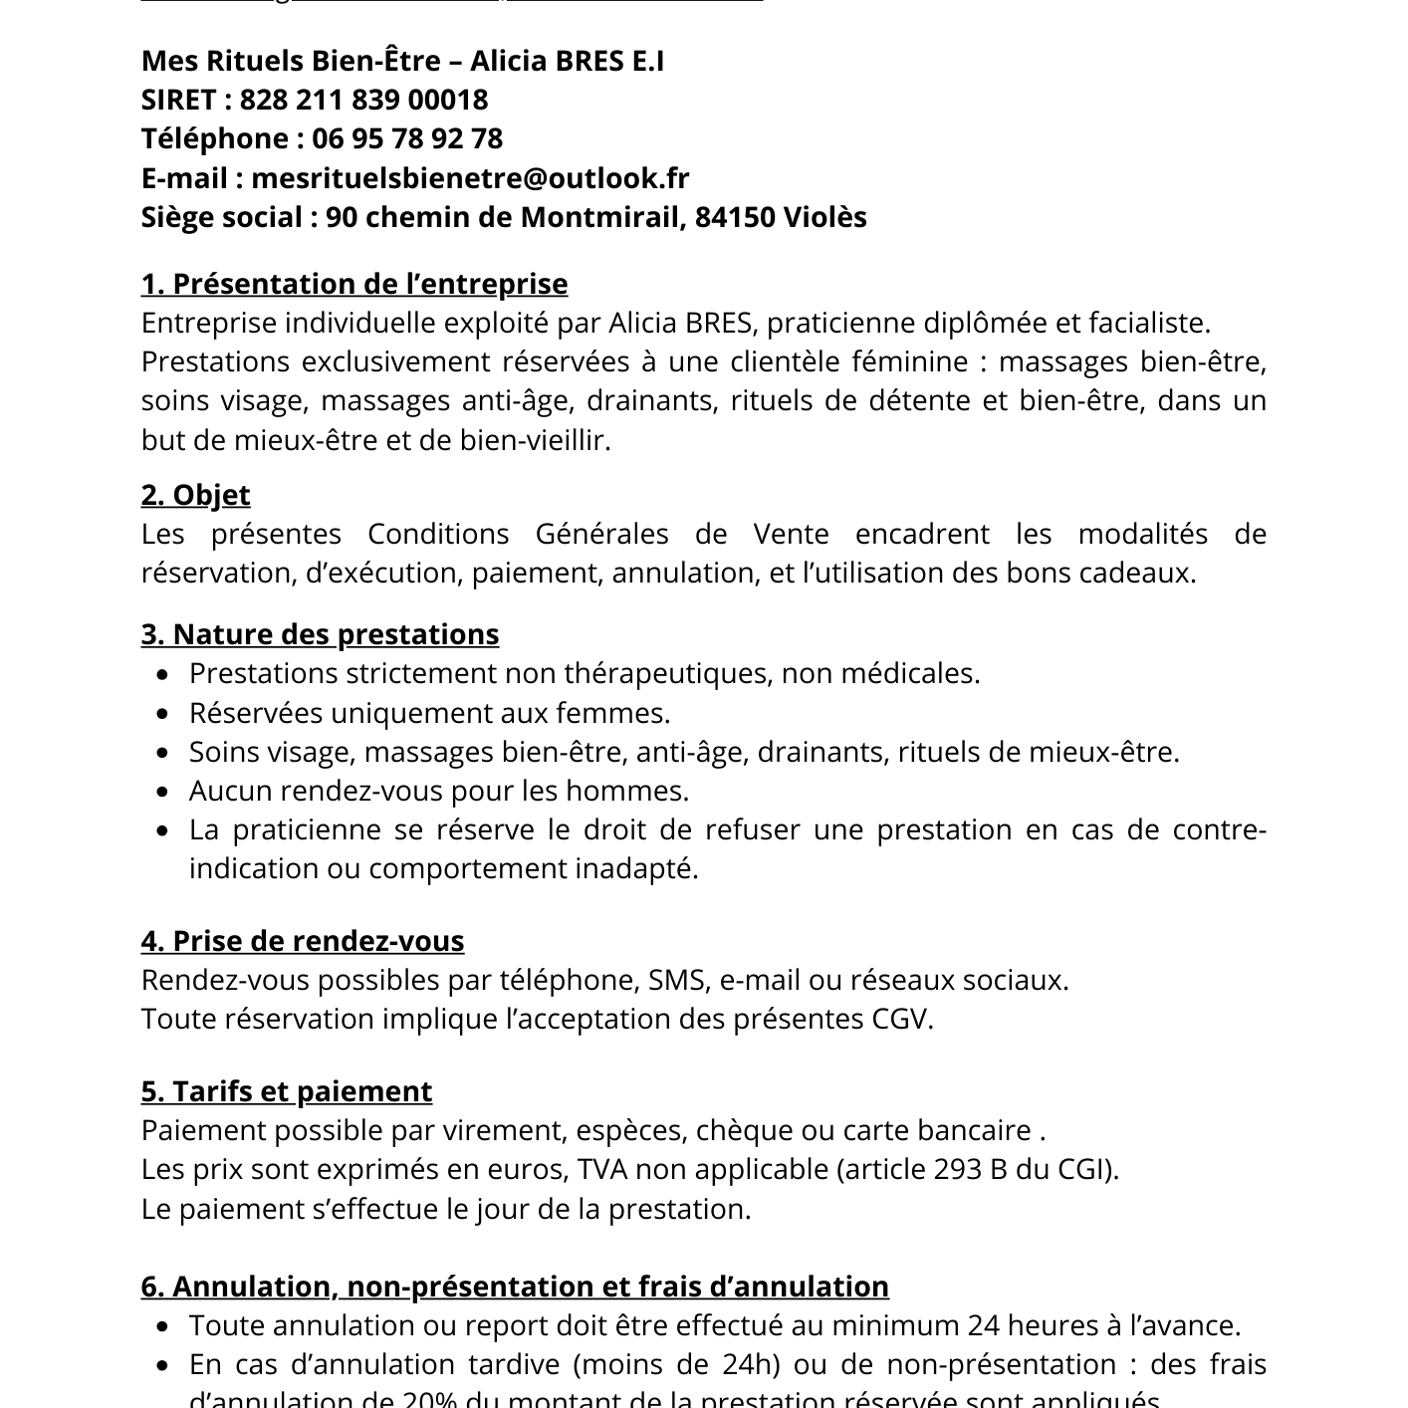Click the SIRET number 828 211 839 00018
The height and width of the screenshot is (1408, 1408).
point(363,100)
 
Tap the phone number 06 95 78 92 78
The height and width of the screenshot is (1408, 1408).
point(407,138)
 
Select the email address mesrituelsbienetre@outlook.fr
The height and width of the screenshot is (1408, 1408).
point(470,178)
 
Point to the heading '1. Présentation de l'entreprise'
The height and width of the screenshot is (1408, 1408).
point(354,284)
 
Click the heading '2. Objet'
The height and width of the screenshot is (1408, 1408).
point(195,495)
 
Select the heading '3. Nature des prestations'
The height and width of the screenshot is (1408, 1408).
point(320,634)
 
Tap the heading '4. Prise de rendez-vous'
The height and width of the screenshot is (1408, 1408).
point(303,941)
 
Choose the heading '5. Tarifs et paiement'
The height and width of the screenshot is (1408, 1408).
point(287,1091)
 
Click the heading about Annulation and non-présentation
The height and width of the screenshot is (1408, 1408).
point(515,1287)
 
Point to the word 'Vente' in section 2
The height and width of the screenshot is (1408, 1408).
point(791,534)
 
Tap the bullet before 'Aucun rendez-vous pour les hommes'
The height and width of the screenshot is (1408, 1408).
point(164,792)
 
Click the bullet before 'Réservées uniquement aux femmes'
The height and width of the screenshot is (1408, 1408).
point(164,714)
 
